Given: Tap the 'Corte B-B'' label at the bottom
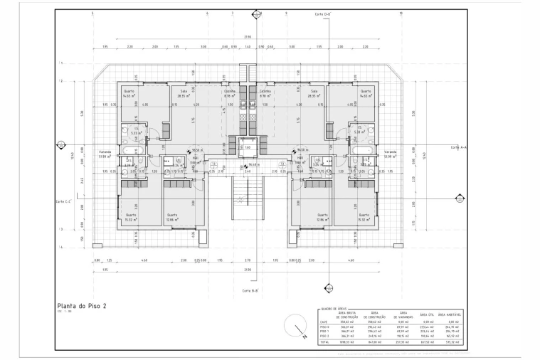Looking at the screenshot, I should point(249,291).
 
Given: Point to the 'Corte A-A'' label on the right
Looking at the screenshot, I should point(457,147).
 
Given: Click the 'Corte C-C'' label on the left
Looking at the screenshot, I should point(65,201).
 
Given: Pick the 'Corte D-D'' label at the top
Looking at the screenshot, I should point(324,14).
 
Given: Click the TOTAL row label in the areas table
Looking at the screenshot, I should point(324,343).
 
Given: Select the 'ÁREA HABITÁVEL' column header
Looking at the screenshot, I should point(451,314).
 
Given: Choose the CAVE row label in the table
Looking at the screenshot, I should point(324,322).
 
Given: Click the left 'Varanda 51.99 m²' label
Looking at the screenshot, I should point(105,154).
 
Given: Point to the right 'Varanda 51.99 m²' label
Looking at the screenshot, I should point(391,154).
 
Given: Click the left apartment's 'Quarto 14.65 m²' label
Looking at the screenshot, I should point(129,93).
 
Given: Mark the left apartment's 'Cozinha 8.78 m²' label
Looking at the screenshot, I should point(229,93).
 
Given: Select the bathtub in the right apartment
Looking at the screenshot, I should point(364,154).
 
